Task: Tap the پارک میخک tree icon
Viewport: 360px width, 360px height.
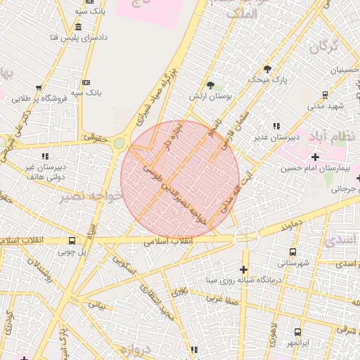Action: point(266,68)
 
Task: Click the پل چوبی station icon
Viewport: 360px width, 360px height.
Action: point(72,240)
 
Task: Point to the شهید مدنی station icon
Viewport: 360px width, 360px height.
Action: point(325,94)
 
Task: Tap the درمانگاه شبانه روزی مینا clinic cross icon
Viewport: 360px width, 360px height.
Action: point(243,269)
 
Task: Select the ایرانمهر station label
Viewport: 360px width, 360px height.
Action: point(298,343)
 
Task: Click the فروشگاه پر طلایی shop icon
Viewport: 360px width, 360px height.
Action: point(38,89)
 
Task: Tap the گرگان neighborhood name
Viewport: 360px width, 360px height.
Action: point(324,48)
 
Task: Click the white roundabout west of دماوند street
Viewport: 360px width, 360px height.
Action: point(246,237)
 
